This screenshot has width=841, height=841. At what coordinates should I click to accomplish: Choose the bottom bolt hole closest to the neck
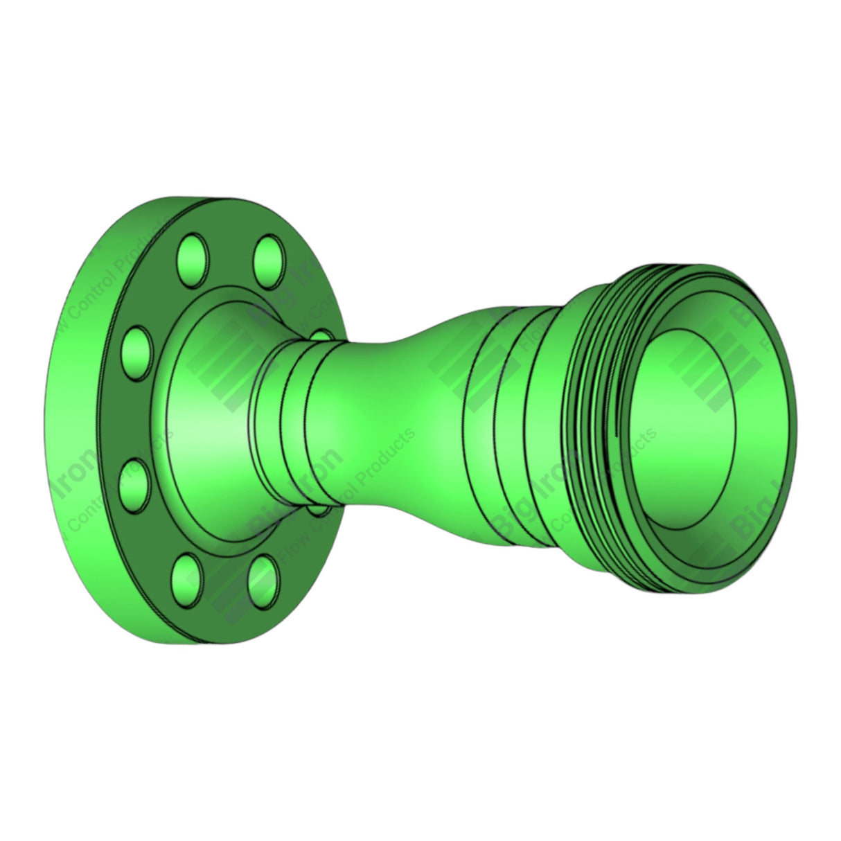click(x=263, y=578)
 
